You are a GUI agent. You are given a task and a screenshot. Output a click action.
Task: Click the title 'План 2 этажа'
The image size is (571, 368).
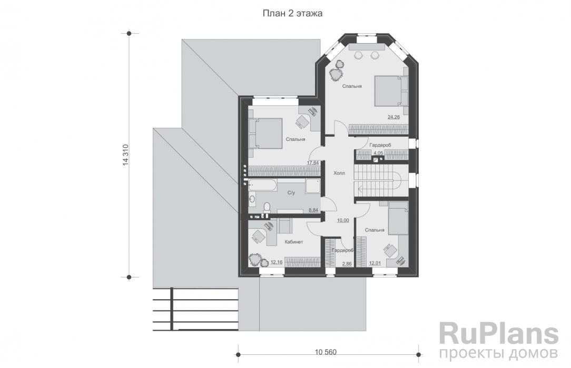292,14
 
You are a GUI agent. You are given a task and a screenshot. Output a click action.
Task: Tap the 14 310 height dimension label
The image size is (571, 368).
126,155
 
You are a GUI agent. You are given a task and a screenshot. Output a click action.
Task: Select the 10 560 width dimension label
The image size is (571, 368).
326,352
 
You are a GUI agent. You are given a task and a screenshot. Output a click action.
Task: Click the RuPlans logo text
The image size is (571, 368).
499,334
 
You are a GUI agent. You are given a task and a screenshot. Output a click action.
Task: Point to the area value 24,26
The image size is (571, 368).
393,117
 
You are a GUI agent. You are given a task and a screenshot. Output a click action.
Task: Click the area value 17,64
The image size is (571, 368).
312,163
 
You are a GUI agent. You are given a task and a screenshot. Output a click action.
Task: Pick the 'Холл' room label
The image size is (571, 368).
339,173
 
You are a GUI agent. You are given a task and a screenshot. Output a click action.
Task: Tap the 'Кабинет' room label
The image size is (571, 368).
294,242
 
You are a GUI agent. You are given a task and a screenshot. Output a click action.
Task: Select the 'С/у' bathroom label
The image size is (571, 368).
291,193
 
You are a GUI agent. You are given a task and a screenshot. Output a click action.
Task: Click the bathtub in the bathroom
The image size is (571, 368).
262,185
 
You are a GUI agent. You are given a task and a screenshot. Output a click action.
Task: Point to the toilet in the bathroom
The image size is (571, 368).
267,208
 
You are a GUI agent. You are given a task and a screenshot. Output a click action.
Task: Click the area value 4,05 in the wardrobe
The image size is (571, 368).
378,153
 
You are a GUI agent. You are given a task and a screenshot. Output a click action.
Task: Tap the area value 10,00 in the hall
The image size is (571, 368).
343,220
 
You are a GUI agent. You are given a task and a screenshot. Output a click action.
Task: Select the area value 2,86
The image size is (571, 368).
347,264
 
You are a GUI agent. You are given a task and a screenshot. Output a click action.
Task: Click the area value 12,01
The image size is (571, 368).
375,263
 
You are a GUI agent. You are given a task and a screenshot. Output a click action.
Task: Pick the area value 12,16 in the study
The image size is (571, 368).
277,262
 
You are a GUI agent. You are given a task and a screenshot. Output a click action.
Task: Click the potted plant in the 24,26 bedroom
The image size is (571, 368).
337,70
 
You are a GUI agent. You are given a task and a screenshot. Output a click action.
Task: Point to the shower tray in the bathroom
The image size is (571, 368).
313,186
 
